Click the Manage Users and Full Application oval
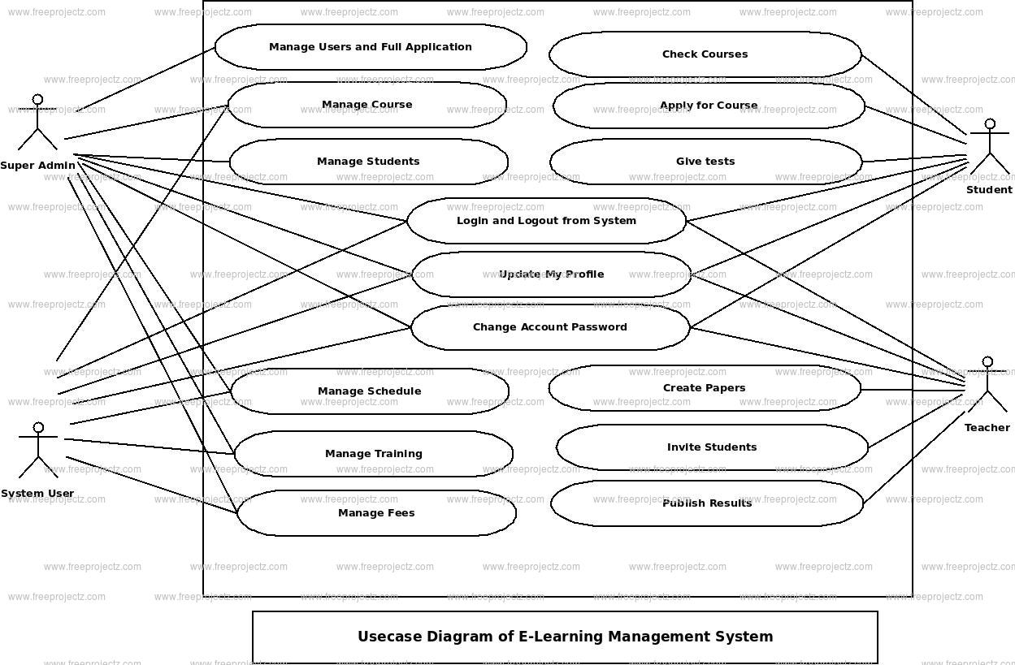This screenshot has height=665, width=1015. click(x=371, y=47)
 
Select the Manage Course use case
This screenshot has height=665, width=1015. click(x=367, y=105)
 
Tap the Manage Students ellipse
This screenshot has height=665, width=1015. click(x=368, y=162)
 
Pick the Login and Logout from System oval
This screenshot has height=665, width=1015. click(x=546, y=221)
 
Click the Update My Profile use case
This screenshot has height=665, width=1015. click(x=551, y=274)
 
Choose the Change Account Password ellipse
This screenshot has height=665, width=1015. click(x=550, y=327)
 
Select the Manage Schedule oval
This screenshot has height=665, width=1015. click(x=370, y=391)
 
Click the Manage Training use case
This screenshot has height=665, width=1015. click(x=373, y=454)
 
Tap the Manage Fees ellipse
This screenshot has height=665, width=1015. click(x=376, y=513)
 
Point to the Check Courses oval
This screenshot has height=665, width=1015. click(x=705, y=54)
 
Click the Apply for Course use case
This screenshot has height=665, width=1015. click(x=709, y=106)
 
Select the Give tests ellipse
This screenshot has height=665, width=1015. click(x=705, y=162)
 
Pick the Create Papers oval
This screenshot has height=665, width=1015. click(x=704, y=388)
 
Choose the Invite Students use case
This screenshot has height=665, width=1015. click(x=712, y=447)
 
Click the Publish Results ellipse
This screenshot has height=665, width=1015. click(x=707, y=503)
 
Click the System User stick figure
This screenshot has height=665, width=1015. click(x=37, y=450)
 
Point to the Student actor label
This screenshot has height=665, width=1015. click(x=989, y=190)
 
